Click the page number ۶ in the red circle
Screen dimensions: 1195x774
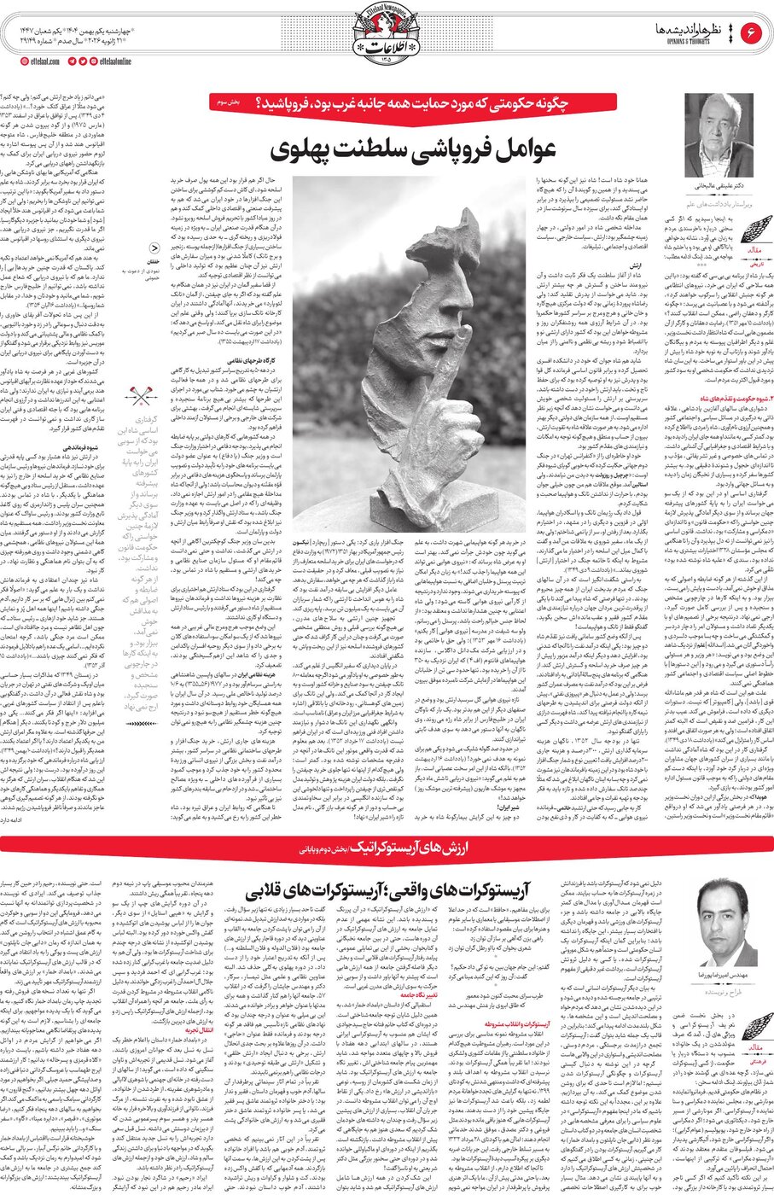tap(751, 33)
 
